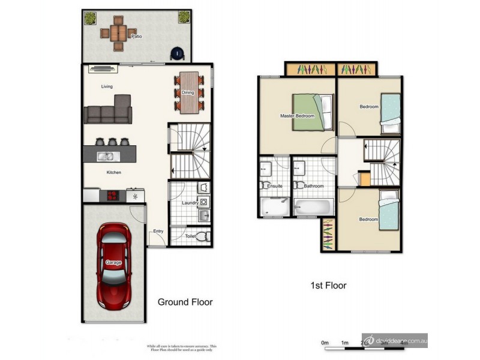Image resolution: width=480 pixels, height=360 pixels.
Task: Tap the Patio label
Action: click(x=120, y=37)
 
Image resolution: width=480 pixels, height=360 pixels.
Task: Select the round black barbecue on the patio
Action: click(x=178, y=54)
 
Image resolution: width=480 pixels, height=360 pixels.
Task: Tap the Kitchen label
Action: click(x=114, y=173)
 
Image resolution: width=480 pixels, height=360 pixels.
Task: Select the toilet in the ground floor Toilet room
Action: click(x=202, y=235)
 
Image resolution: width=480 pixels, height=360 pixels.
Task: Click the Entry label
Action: click(x=158, y=232)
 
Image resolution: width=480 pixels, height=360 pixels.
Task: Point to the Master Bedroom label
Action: click(x=297, y=116)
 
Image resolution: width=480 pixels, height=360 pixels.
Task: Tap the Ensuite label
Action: click(x=275, y=186)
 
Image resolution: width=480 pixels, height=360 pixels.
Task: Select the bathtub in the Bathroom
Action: click(x=312, y=207)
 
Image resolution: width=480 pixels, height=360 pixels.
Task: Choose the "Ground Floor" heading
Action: click(x=185, y=302)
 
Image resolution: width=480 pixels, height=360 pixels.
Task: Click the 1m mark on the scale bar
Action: click(x=345, y=343)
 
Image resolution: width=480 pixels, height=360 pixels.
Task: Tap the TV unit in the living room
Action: click(x=104, y=69)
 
